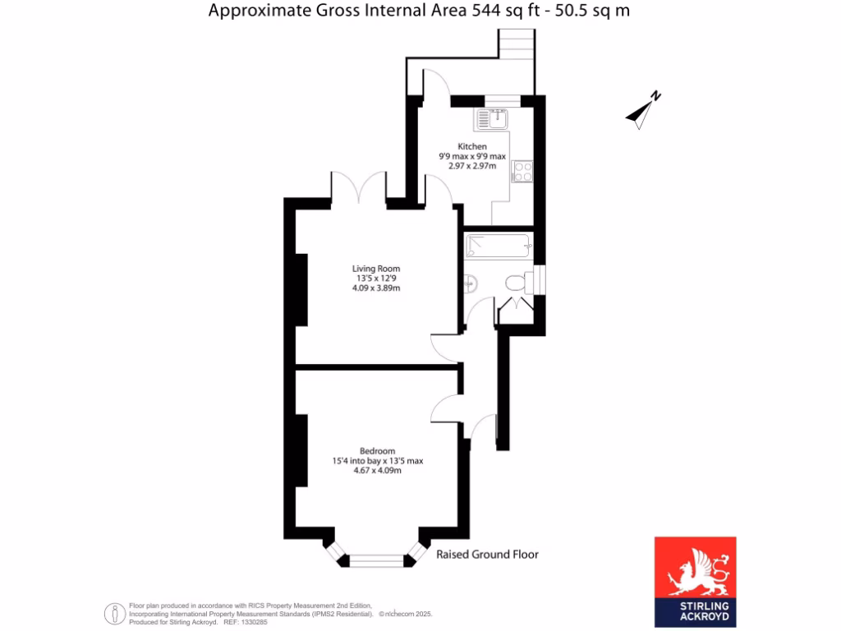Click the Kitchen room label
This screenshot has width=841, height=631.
pyautogui.click(x=472, y=146)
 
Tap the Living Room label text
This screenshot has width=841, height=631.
pyautogui.click(x=375, y=269)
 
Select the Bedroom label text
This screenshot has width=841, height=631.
pyautogui.click(x=377, y=451)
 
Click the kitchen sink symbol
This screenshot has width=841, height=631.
pyautogui.click(x=491, y=121)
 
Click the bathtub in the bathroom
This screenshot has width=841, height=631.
pyautogui.click(x=498, y=246)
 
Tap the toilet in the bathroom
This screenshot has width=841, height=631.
pyautogui.click(x=516, y=283)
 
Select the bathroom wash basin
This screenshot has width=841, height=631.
pyautogui.click(x=470, y=283)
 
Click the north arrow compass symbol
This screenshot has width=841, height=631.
pyautogui.click(x=643, y=111)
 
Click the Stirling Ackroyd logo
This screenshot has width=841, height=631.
pyautogui.click(x=695, y=583)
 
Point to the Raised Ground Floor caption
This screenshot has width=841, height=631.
pyautogui.click(x=487, y=555)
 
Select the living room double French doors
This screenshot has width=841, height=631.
pyautogui.click(x=359, y=187)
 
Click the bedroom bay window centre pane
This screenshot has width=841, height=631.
pyautogui.click(x=376, y=561)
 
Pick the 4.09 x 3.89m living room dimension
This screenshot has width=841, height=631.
pyautogui.click(x=375, y=288)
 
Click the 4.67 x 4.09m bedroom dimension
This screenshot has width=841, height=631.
pyautogui.click(x=377, y=471)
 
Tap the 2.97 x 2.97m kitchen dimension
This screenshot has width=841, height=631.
pyautogui.click(x=472, y=165)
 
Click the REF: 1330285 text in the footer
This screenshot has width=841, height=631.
pyautogui.click(x=246, y=623)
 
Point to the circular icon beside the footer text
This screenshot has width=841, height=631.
pyautogui.click(x=114, y=614)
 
